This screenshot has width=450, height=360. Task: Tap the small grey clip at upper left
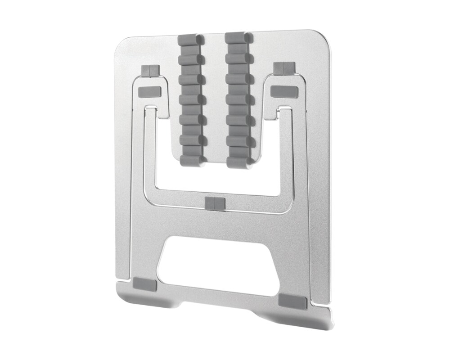click(150, 70)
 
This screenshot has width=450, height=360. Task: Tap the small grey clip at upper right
click(284, 68)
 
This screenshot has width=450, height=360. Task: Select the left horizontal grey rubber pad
click(149, 91)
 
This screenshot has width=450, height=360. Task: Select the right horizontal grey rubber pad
click(284, 91)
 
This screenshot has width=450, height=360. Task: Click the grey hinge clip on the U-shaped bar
click(215, 203)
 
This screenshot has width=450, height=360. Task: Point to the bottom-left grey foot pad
click(145, 284)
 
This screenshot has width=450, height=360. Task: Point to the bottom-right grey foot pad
click(292, 301)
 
